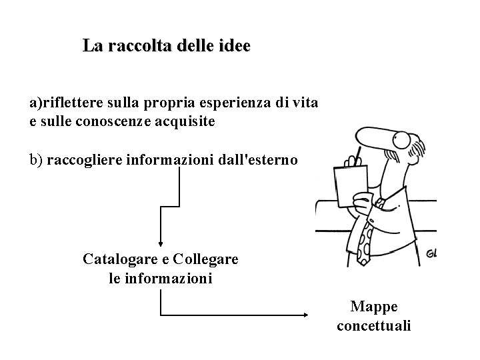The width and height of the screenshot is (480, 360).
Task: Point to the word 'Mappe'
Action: (x=374, y=307)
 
